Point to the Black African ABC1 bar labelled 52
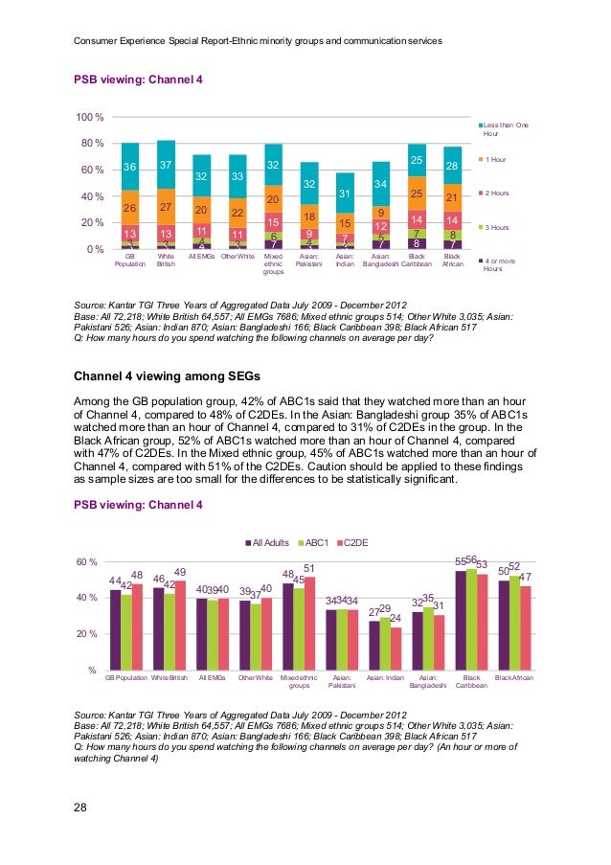(x=514, y=625)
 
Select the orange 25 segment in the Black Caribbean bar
(x=417, y=194)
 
